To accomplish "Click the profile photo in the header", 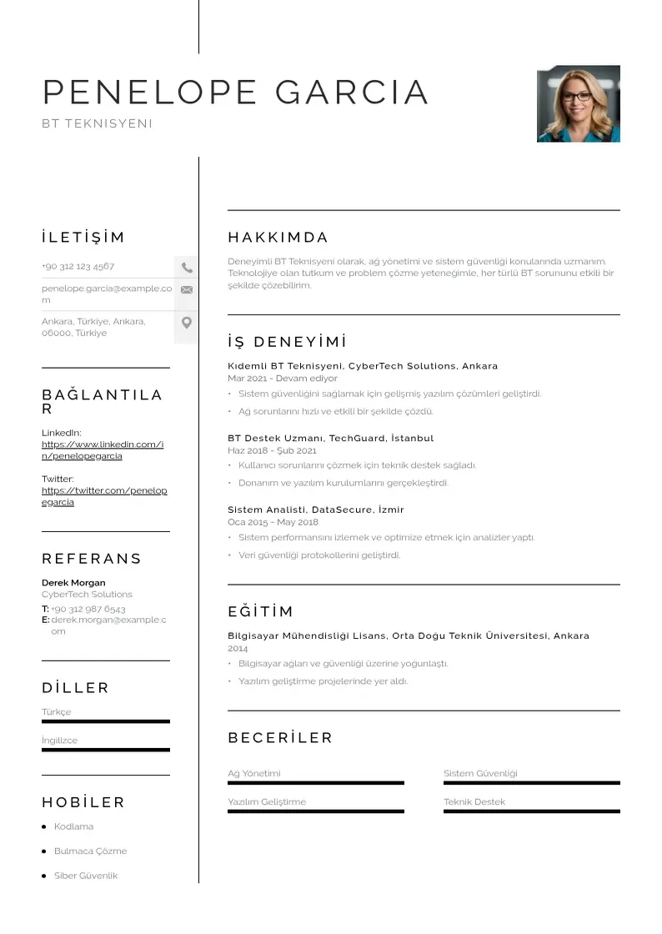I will tap(578, 104).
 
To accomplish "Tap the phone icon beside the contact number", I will tap(187, 268).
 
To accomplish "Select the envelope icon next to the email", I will tap(187, 289).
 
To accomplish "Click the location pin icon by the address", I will tap(187, 323).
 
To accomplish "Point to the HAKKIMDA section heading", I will tap(278, 237).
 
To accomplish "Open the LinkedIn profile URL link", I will tap(103, 450).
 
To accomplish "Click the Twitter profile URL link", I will tap(104, 496).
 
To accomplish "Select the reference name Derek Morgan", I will tap(73, 582).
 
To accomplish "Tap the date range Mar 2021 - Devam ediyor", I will tap(282, 378).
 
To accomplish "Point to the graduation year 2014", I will tap(238, 648).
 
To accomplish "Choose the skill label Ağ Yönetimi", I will tap(254, 773).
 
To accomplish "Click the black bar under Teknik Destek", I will tap(531, 811).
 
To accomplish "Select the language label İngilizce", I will tap(59, 741).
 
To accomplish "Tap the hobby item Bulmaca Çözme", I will tap(90, 851).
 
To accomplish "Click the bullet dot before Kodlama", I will tap(43, 826).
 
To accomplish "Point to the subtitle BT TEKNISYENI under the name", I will tap(97, 123).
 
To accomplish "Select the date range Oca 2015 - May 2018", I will tap(273, 522).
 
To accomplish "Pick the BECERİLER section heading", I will tap(280, 738).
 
